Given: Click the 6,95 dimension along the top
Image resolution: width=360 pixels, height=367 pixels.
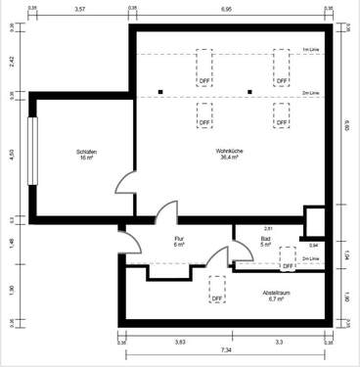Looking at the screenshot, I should [226, 9].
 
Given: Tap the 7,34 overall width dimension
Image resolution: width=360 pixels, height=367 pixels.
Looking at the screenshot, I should [226, 349].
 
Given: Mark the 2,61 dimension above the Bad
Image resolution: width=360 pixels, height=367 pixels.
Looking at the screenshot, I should [268, 228].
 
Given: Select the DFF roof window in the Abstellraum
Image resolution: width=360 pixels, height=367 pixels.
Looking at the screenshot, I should [217, 290].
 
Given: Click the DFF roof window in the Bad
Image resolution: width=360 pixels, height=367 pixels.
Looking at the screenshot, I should [288, 259].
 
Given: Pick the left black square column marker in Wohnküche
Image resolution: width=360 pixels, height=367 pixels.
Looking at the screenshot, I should [158, 94].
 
